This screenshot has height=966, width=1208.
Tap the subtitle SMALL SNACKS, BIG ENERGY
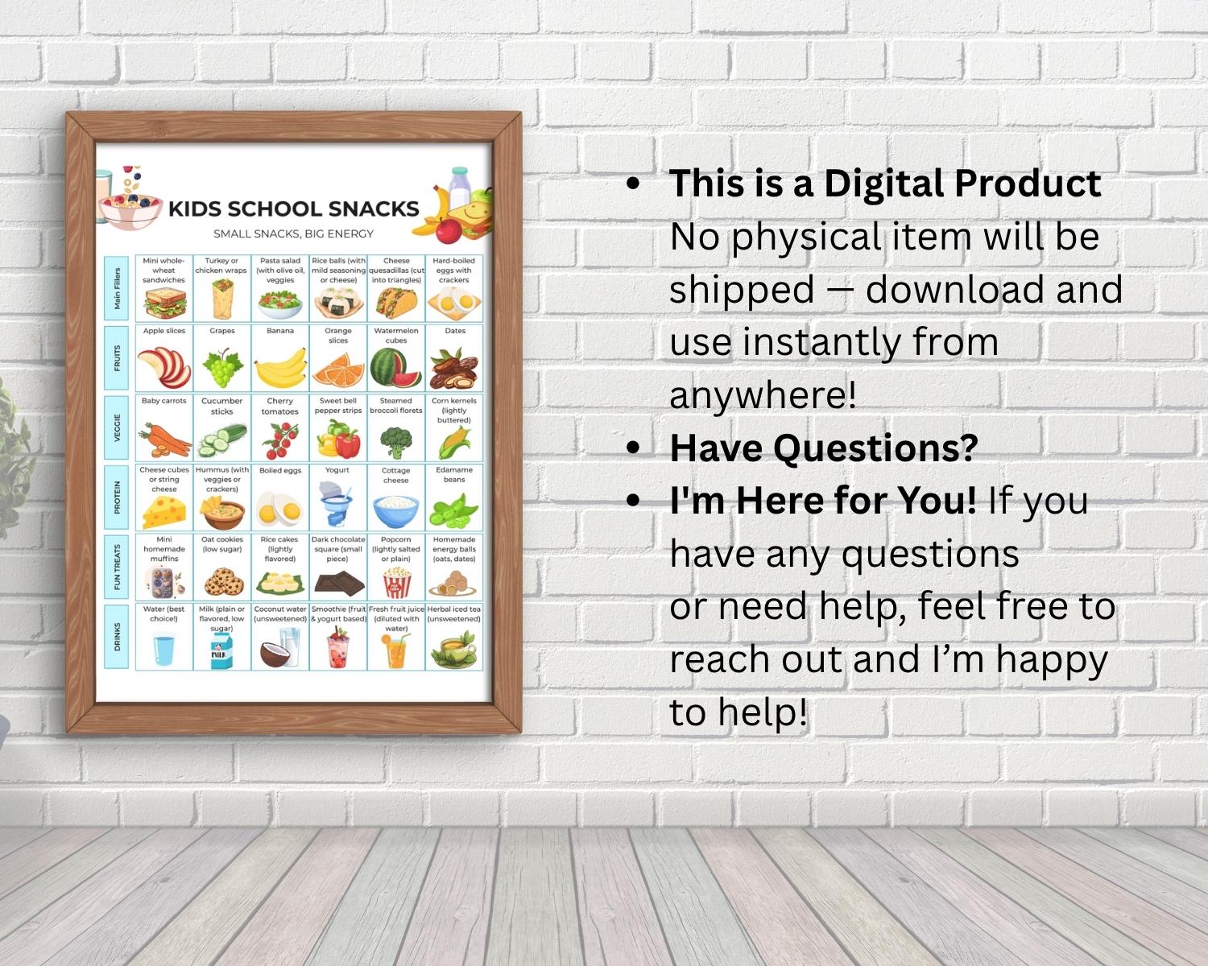[293, 234]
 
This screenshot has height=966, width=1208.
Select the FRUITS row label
[118, 358]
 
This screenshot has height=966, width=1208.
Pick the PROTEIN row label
[118, 497]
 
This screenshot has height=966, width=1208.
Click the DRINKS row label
[118, 637]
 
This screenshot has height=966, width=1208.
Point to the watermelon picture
[396, 369]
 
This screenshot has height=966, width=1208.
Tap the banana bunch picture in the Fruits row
[280, 369]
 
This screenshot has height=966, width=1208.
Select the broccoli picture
[396, 442]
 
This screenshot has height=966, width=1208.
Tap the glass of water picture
[163, 650]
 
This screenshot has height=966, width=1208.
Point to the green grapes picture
[222, 369]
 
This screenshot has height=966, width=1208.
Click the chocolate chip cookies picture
[222, 580]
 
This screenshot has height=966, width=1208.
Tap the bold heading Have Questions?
[823, 448]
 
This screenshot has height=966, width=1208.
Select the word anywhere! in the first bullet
[763, 395]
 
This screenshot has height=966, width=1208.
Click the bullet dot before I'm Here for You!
[633, 501]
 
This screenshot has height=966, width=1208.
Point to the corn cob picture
[454, 443]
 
